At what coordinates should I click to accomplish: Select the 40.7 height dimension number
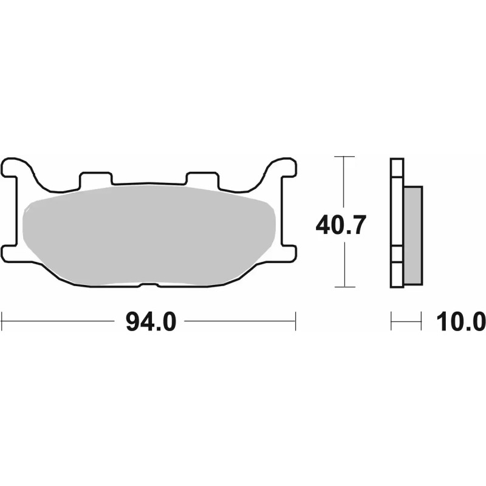click(340, 226)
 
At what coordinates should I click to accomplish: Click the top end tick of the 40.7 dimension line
click(344, 157)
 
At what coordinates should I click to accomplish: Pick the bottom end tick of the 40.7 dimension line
click(344, 286)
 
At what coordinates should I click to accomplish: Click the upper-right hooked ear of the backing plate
click(282, 166)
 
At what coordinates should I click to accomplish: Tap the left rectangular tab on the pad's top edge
click(96, 179)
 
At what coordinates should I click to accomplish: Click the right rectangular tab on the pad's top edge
click(202, 179)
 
